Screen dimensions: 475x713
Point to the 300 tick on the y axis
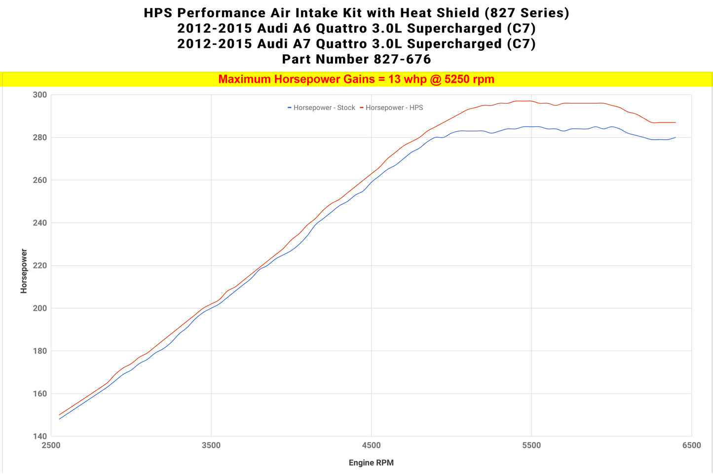tap(40, 95)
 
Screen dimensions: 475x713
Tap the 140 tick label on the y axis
tap(40, 436)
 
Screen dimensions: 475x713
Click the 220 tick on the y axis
tap(40, 265)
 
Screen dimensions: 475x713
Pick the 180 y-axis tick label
tap(40, 351)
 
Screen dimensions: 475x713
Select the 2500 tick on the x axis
tap(51, 445)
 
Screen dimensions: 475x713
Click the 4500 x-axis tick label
tap(371, 445)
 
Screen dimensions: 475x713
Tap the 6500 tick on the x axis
tap(691, 445)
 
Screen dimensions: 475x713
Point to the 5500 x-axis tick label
tap(531, 445)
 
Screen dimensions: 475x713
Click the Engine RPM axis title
tap(371, 463)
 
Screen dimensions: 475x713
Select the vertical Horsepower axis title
tap(24, 271)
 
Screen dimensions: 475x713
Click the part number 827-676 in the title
tap(403, 59)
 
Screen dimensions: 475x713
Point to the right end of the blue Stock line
tap(675, 138)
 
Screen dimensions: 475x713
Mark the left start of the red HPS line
tap(59, 415)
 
